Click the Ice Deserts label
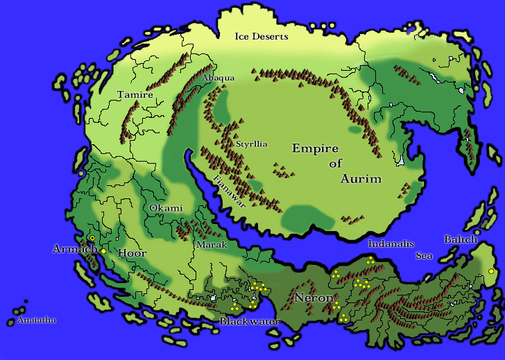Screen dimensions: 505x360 coord(261,36)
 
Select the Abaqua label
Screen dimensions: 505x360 coord(218,78)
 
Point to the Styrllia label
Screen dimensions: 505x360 coord(251,144)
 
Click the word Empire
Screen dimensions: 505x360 coord(315,148)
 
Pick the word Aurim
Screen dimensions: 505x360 coord(361,179)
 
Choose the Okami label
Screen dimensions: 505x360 coord(166,208)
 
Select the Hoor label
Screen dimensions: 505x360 coord(131,253)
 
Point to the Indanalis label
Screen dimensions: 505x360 coord(391,244)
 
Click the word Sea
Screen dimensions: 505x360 coord(424,256)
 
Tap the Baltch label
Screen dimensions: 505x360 coord(461,240)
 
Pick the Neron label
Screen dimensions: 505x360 coord(313,298)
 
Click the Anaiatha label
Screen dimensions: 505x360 coord(36,320)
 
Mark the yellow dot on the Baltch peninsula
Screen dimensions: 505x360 coord(491,271)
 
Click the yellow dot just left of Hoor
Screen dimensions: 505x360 coord(103,251)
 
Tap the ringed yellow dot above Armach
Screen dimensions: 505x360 coord(92,238)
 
